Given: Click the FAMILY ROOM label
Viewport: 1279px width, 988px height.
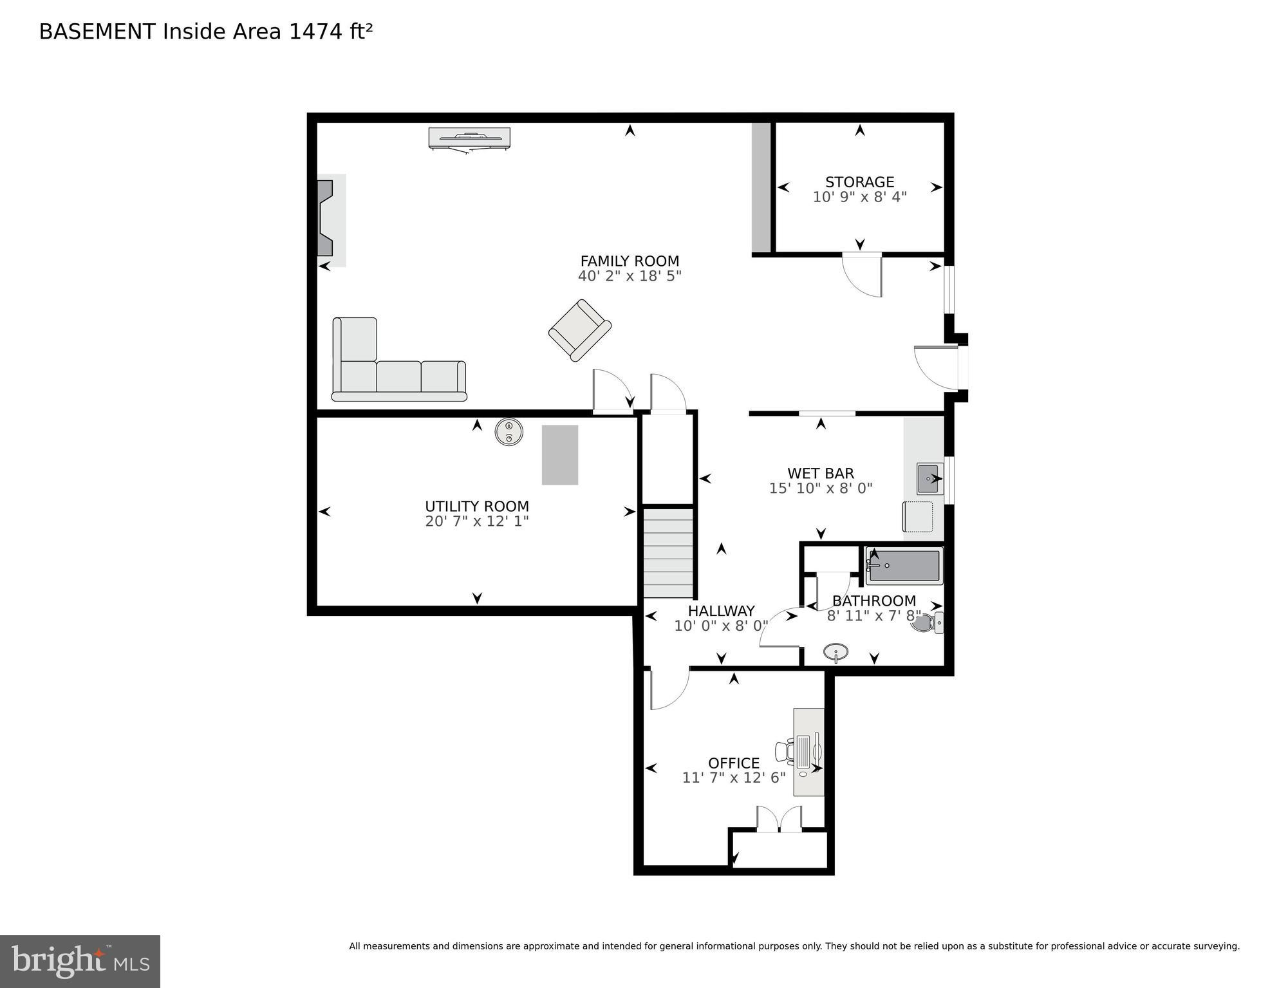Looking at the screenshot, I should tap(629, 261).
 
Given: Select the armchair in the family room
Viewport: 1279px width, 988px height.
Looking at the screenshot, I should tap(579, 330).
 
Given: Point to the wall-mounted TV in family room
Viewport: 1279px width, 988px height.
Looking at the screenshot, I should tap(469, 138).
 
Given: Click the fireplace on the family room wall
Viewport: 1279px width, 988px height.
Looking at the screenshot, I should tap(326, 219).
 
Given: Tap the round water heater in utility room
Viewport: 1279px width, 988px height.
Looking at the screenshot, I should tap(509, 432).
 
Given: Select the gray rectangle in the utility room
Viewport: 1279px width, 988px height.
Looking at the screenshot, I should tap(559, 454).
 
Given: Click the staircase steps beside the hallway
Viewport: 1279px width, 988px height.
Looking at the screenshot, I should tap(668, 554).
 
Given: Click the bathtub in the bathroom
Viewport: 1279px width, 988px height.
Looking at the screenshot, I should tap(903, 566).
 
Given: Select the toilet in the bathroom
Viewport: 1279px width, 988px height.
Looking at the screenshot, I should tap(928, 622).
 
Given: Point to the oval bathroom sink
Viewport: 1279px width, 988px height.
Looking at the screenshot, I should tap(836, 652).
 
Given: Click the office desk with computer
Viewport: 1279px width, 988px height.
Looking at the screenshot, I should tap(808, 752).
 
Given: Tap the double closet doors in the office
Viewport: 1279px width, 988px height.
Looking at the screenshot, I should tap(779, 819).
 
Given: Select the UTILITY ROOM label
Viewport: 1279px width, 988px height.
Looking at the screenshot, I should tap(476, 506).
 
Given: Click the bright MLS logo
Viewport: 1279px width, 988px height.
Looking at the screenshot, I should tap(80, 961).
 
